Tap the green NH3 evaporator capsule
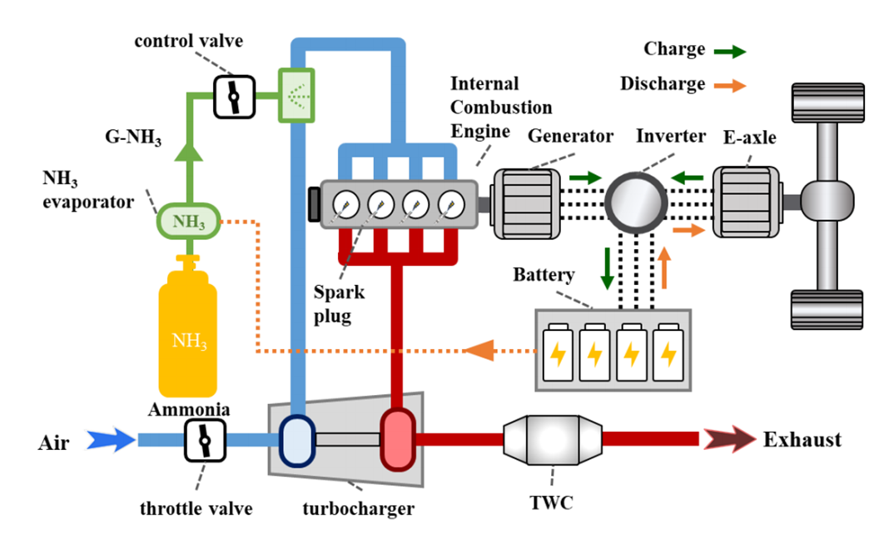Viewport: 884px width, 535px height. [x=188, y=222]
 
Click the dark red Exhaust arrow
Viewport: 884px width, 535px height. [x=728, y=439]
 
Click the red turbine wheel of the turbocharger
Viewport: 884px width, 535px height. [x=397, y=439]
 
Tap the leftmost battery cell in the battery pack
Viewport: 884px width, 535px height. [x=558, y=352]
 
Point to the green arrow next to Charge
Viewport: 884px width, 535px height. [x=730, y=50]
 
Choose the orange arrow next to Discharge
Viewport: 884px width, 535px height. [x=730, y=85]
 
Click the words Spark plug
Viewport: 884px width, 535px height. [x=339, y=304]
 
